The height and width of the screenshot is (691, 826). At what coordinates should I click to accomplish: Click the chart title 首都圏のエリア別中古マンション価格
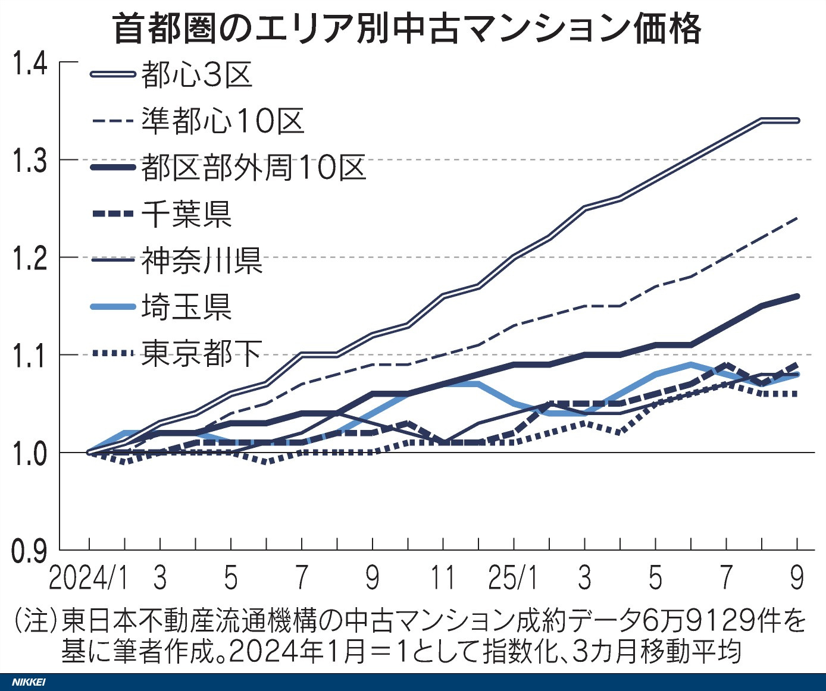408,28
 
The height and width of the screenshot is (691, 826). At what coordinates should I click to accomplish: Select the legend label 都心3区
197,75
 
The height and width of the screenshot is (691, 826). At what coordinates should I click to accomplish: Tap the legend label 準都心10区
223,121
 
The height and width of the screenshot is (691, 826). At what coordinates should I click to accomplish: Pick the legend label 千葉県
186,213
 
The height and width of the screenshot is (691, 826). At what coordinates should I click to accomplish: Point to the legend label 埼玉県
186,307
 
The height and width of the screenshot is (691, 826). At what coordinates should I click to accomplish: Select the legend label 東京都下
202,353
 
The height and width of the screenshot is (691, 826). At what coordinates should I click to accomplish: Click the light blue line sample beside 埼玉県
112,307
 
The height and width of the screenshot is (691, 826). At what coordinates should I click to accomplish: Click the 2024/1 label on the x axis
88,578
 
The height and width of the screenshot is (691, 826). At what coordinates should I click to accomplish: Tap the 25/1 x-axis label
512,578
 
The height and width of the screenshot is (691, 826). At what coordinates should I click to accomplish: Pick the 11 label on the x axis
442,578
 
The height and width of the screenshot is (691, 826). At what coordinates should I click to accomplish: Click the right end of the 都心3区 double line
797,121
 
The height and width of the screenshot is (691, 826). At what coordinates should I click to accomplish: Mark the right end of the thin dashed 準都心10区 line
797,218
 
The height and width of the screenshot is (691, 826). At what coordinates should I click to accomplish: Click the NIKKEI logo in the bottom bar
29,682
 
